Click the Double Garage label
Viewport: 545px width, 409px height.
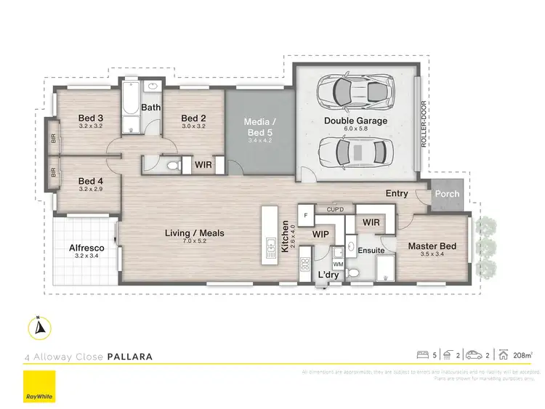pos(355,121)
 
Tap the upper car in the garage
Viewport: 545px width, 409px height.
pos(352,92)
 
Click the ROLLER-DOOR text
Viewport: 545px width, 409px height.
pos(424,123)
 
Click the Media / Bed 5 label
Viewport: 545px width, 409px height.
pos(259,125)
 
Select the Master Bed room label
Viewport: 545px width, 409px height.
pos(432,246)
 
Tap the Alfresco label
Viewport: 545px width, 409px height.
pos(86,248)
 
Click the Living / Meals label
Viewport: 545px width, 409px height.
pos(194,233)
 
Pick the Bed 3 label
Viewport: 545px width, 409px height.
pos(90,118)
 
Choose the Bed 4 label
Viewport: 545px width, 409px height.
pos(90,181)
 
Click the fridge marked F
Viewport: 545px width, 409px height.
pos(307,216)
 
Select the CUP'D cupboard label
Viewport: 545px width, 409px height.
pos(335,208)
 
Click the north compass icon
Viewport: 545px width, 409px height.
pos(39,328)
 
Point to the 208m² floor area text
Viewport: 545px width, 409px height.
pos(522,355)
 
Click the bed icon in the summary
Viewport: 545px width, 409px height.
pos(424,355)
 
